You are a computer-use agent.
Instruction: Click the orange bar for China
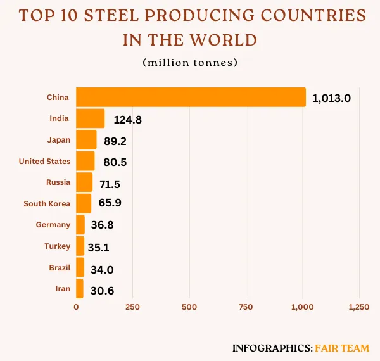pyautogui.click(x=191, y=97)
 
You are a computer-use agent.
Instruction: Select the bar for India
pyautogui.click(x=90, y=118)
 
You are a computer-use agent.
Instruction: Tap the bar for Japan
pyautogui.click(x=86, y=140)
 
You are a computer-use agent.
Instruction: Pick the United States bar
pyautogui.click(x=85, y=161)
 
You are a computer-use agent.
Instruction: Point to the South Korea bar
pyautogui.click(x=84, y=203)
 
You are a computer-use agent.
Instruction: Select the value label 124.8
pyautogui.click(x=128, y=120)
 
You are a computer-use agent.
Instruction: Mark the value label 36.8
pyautogui.click(x=101, y=225)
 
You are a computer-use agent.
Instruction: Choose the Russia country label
pyautogui.click(x=58, y=182)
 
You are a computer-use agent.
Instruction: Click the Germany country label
pyautogui.click(x=53, y=225)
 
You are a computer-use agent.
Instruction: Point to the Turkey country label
pyautogui.click(x=58, y=246)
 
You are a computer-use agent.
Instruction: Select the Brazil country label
pyautogui.click(x=60, y=268)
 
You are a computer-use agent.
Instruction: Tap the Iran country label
pyautogui.click(x=62, y=289)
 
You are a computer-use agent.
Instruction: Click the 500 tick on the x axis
pyautogui.click(x=189, y=307)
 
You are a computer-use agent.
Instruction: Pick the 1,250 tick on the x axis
pyautogui.click(x=359, y=307)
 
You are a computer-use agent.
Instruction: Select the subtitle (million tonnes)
pyautogui.click(x=189, y=62)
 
